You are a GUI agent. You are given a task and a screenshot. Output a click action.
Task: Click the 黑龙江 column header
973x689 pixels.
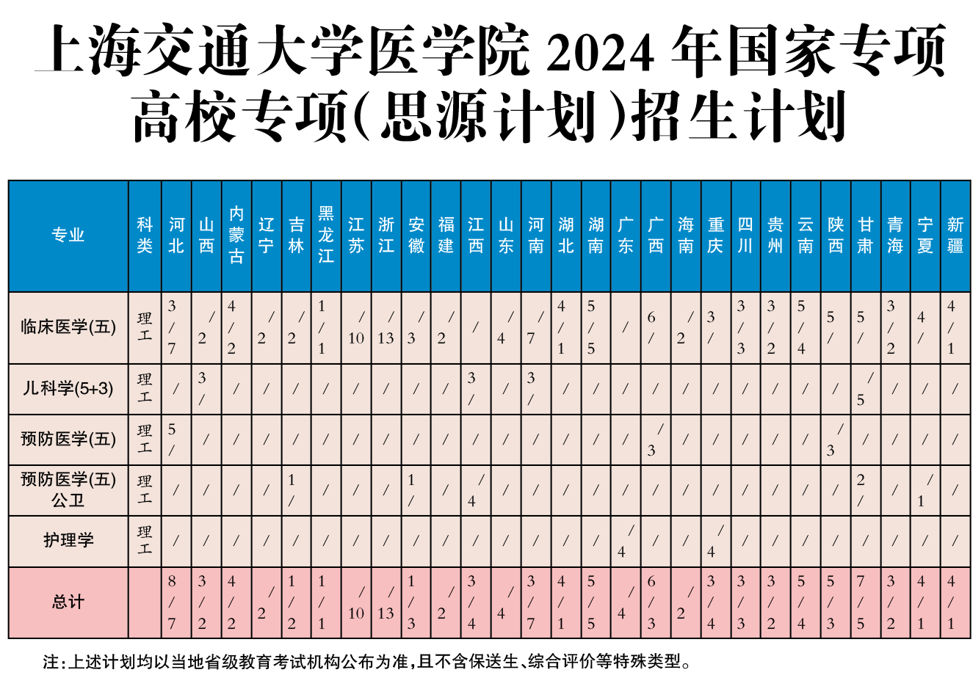326,235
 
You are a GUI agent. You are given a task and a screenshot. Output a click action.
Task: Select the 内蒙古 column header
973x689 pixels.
236,235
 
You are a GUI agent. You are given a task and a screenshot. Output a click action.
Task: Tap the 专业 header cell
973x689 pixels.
68,235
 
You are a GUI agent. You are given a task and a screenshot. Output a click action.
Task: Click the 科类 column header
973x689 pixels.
145,235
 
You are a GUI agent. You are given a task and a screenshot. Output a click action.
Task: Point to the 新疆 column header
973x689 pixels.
955,235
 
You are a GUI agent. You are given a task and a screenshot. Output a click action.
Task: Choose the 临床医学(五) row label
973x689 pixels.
68,327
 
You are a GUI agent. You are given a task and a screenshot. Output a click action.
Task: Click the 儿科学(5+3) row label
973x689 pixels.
68,388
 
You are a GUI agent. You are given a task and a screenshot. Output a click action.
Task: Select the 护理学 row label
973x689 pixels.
68,541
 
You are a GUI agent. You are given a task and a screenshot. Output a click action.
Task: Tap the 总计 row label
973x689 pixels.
68,602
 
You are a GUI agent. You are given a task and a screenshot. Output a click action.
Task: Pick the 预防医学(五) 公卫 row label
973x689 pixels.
68,489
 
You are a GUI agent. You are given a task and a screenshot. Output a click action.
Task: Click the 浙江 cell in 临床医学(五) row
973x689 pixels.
386,327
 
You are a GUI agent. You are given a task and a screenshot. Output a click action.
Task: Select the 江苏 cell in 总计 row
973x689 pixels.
356,602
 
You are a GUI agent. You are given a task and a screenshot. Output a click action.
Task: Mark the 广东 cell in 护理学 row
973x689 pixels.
626,541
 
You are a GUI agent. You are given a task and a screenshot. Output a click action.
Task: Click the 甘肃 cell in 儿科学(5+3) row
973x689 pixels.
866,388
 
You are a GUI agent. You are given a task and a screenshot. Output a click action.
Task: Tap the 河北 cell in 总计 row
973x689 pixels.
176,602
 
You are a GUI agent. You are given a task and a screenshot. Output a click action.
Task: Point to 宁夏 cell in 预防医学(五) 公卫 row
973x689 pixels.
925,489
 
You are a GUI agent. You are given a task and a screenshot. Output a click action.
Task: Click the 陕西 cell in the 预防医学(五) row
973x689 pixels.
836,439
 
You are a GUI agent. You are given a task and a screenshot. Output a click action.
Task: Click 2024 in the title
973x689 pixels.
600,53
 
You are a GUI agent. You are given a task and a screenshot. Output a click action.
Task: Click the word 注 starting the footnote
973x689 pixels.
50,662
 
